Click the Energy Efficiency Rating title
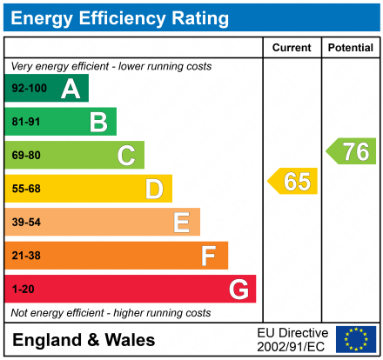(x=121, y=17)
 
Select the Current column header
(x=292, y=48)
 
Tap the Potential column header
(x=350, y=48)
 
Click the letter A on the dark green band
(x=71, y=89)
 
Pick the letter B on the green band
(x=98, y=122)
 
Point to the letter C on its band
(x=126, y=156)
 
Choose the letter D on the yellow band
(x=154, y=189)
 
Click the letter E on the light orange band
(x=181, y=223)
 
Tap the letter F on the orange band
(x=209, y=256)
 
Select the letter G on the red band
(x=237, y=289)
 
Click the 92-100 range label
(x=29, y=89)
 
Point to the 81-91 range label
(x=26, y=122)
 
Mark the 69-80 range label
(x=26, y=156)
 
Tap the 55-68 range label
(x=26, y=189)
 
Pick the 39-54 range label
(x=26, y=223)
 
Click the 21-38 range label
(x=26, y=256)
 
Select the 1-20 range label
(x=24, y=289)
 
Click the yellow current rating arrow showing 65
(x=293, y=182)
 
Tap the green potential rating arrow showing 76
(x=352, y=151)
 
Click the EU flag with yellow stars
(x=356, y=339)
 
